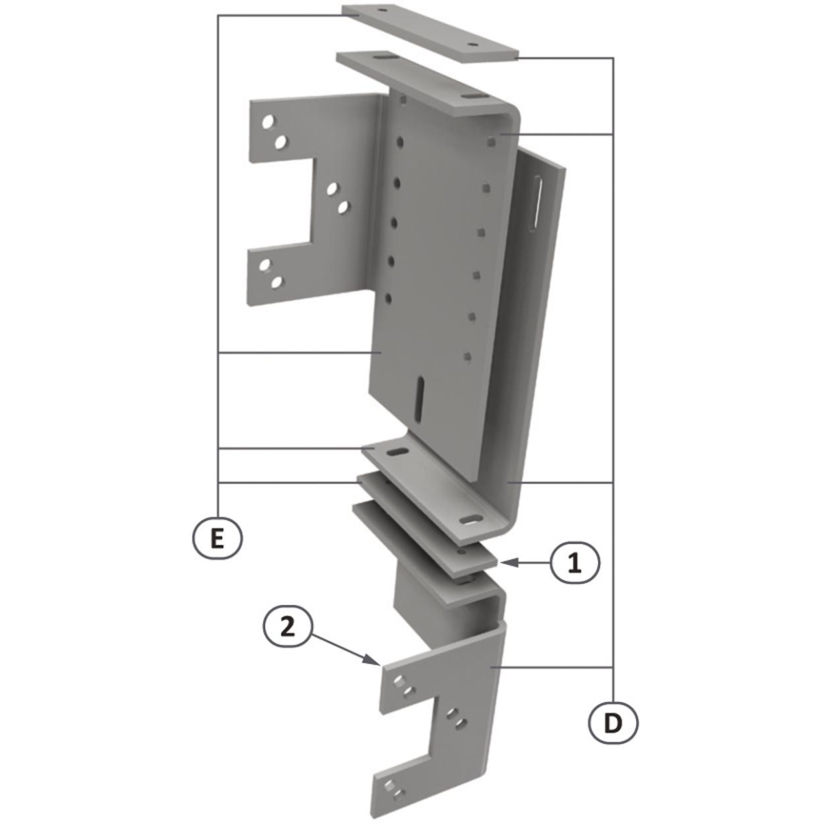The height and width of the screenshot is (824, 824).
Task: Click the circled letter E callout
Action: (x=217, y=540)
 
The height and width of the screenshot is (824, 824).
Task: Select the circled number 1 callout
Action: (x=575, y=563)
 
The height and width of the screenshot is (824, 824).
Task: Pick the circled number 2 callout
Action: (x=287, y=628)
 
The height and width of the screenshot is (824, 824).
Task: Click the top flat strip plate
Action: (x=430, y=34)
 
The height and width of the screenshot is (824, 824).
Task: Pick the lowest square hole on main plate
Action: (x=468, y=356)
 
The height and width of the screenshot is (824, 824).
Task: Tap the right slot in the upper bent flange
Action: (x=471, y=96)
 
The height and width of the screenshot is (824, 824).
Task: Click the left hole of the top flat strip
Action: (x=382, y=9)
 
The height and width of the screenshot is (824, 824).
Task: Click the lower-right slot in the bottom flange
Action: (x=472, y=520)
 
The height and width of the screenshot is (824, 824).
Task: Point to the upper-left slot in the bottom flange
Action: (x=398, y=452)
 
